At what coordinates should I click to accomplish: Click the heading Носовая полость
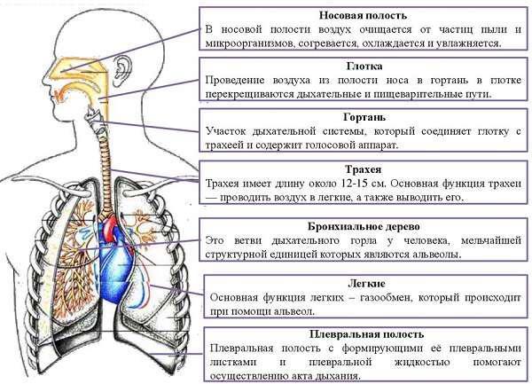pyautogui.click(x=363, y=16)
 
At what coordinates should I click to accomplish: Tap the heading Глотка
pyautogui.click(x=364, y=66)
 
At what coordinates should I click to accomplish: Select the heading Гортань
pyautogui.click(x=364, y=117)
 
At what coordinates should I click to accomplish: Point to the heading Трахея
pyautogui.click(x=363, y=169)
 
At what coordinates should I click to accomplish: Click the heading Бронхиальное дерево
pyautogui.click(x=364, y=226)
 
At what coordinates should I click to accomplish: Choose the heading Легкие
pyautogui.click(x=366, y=283)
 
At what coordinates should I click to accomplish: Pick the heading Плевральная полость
pyautogui.click(x=366, y=334)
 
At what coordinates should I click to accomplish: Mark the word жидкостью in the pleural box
pyautogui.click(x=422, y=363)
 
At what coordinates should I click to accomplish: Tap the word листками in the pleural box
pyautogui.click(x=233, y=363)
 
